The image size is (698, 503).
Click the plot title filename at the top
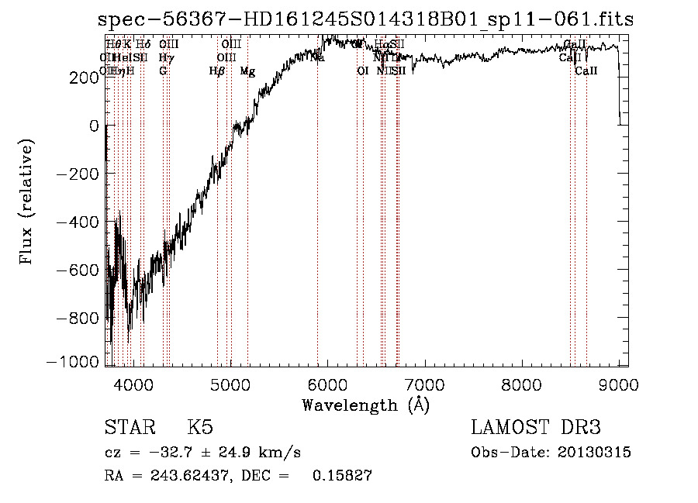pos(366,20)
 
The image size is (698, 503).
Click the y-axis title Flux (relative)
pos(27,202)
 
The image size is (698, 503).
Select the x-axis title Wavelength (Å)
pos(365,405)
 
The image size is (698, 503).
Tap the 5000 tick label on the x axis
pos(230,384)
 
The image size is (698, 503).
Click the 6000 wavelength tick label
pos(327,384)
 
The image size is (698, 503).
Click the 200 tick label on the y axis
pos(82,78)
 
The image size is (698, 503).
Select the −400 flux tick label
pos(77,222)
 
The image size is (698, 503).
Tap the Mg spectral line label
pos(247,71)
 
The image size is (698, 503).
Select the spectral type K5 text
pos(200,429)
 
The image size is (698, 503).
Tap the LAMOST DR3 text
pos(536,429)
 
